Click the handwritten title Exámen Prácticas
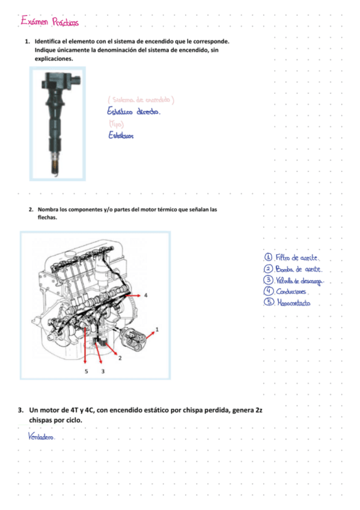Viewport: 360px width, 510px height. pos(50,22)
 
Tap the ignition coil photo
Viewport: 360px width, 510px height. pos(57,123)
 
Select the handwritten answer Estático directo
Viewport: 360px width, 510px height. pos(133,112)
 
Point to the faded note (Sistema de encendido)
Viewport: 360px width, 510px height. pos(141,99)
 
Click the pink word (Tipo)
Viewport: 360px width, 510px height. pos(116,124)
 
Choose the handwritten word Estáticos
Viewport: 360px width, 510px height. pos(121,136)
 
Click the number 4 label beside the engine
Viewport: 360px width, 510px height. pos(145,295)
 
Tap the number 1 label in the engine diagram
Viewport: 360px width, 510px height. pos(157,329)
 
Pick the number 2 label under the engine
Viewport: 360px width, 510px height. pos(120,358)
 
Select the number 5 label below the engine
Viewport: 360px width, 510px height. pos(86,372)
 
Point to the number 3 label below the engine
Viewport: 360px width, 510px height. pos(103,372)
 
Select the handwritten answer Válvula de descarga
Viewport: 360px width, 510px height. pos(300,280)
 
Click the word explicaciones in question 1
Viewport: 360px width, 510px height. pos(54,60)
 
